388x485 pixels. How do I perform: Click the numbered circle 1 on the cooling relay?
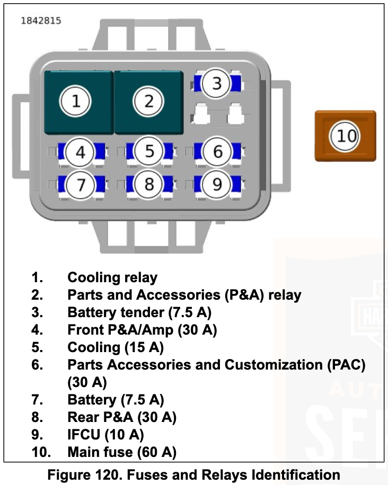click(x=76, y=101)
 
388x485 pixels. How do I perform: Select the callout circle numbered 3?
click(x=216, y=83)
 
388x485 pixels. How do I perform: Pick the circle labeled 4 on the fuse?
click(x=80, y=152)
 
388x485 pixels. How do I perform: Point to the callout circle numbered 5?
click(x=149, y=151)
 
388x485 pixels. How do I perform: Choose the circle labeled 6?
click(x=218, y=152)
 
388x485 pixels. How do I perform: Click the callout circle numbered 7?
click(x=81, y=185)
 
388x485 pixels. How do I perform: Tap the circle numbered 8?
click(x=149, y=184)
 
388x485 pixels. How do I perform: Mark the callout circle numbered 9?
click(x=217, y=184)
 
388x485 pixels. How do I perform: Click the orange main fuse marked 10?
click(x=345, y=136)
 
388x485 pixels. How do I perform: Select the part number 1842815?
click(x=41, y=21)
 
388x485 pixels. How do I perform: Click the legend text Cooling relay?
click(x=112, y=277)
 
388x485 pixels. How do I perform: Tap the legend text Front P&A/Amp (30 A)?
click(x=142, y=330)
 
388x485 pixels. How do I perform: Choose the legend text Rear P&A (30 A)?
click(x=122, y=417)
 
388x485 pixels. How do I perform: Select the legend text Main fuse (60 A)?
click(x=122, y=452)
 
